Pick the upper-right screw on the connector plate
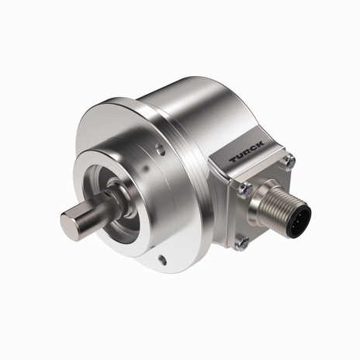coord(289,161)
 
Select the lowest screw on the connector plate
coord(243,243)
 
